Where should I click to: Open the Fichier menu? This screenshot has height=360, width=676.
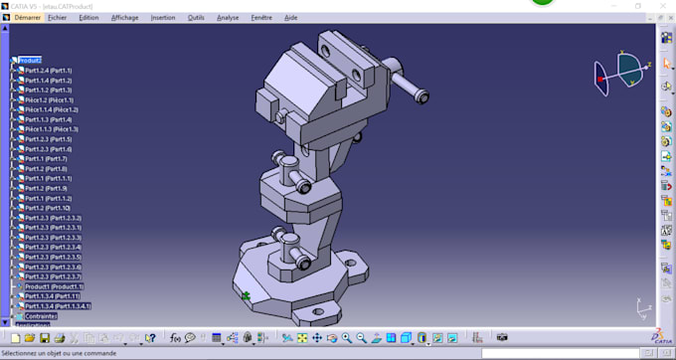58,17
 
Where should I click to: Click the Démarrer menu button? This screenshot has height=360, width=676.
28,17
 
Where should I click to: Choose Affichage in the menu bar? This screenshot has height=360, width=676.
125,17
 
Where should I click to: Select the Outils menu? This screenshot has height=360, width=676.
196,17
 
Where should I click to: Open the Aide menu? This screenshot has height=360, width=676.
291,17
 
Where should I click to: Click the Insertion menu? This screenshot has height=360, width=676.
163,17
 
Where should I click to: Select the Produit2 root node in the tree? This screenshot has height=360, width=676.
30,61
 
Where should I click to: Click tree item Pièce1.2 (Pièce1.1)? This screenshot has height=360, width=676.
49,99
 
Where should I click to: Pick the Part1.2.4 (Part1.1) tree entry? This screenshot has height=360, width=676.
49,71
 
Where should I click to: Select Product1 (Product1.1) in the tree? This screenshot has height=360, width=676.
54,286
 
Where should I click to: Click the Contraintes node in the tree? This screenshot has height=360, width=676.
41,316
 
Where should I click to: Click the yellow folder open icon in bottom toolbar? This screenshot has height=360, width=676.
30,338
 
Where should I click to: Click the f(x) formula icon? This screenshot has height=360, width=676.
175,338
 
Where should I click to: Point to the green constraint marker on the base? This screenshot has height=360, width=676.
246,294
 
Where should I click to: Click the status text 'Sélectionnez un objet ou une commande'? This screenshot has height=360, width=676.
60,353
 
